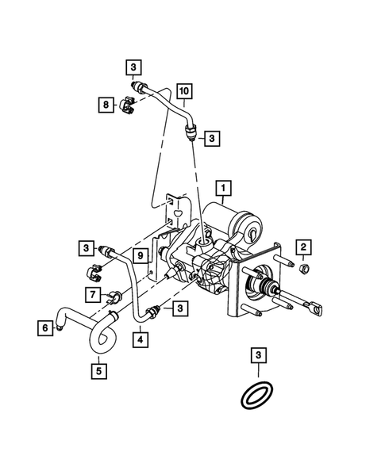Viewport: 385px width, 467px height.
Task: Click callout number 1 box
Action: point(225,189)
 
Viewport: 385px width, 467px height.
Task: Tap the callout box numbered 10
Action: point(183,91)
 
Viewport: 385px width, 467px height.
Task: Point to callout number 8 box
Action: point(105,104)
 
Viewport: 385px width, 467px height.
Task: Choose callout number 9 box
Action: point(137,255)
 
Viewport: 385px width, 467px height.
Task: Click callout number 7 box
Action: point(93,295)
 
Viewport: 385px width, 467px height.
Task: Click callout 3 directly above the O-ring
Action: point(259,354)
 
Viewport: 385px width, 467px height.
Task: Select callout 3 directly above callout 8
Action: point(133,66)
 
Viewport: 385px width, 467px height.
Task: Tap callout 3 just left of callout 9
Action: point(86,247)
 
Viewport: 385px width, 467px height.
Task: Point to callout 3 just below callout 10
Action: point(212,139)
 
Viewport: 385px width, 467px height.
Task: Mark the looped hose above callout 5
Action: point(100,337)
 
